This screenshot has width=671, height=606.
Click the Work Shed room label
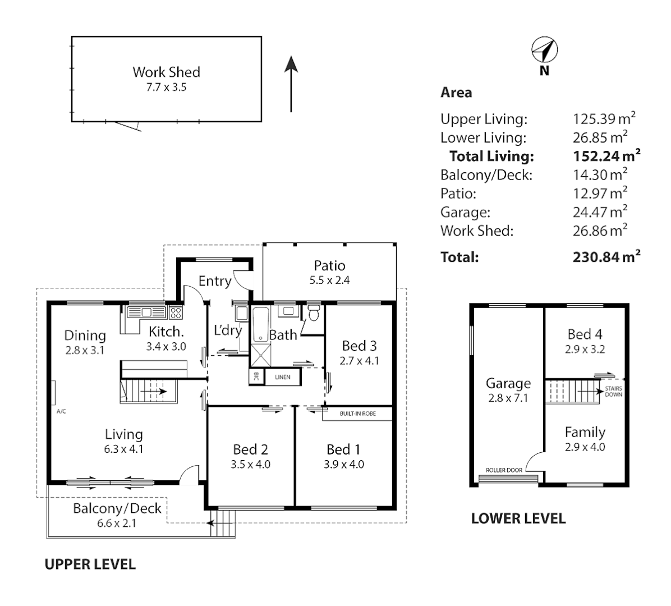[166, 72]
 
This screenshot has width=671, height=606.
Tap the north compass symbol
[544, 50]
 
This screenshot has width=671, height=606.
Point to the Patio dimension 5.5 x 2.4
[329, 280]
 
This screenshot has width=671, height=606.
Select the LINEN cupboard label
[283, 377]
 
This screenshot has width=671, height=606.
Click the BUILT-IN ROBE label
[357, 414]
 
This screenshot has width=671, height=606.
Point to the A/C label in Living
[61, 411]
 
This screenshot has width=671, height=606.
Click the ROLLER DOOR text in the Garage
[504, 470]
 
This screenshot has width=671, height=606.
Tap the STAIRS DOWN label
[613, 391]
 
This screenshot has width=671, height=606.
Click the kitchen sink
[146, 312]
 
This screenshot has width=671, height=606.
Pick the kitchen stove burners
[176, 312]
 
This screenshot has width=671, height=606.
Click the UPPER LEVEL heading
[90, 564]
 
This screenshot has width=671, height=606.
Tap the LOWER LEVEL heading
[518, 518]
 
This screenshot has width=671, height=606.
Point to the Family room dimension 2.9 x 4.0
[585, 447]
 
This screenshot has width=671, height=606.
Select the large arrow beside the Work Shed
[291, 84]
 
